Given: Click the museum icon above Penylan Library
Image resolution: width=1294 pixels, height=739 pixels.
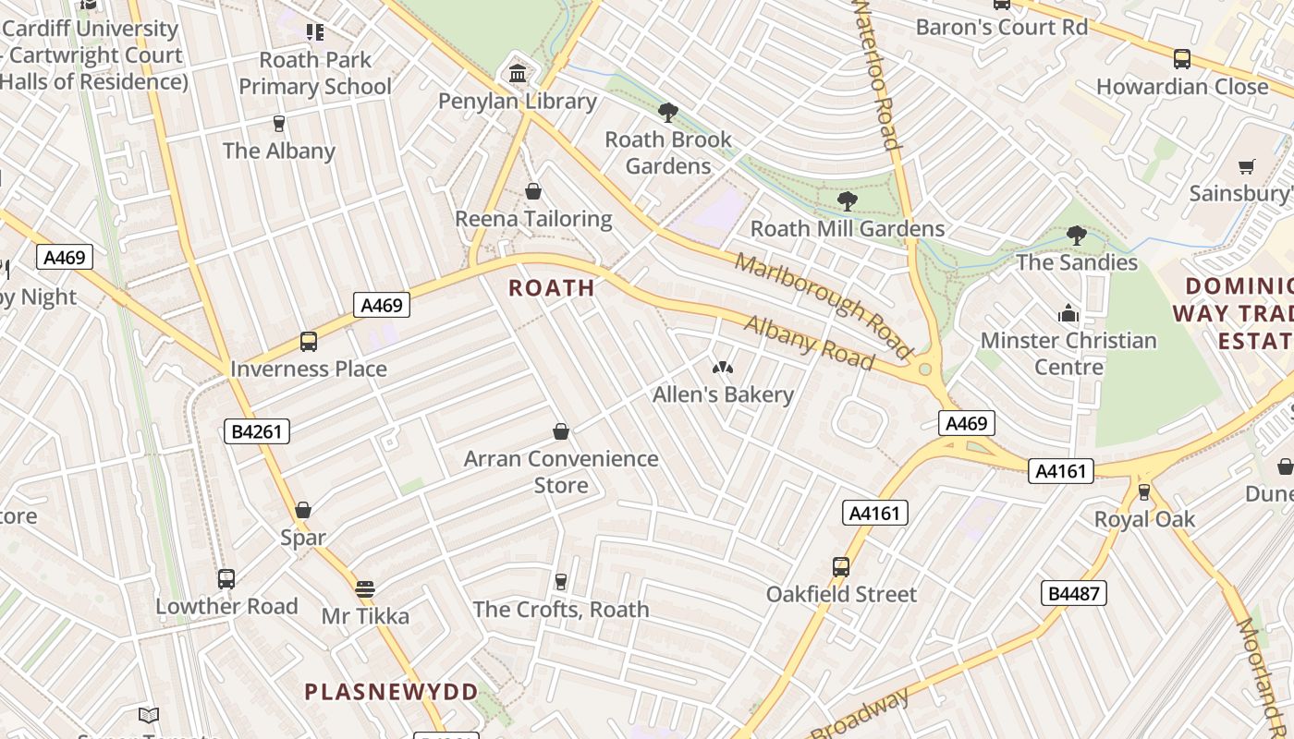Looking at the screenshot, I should [x=518, y=73].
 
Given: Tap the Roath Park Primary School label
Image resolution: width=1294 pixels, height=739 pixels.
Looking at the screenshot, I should [x=315, y=73].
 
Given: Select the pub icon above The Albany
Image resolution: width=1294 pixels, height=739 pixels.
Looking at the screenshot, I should [x=278, y=123].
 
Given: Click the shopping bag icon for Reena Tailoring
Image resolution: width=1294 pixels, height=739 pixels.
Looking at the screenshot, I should [x=533, y=191].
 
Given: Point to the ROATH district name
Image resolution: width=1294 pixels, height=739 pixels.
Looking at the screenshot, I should [x=552, y=287].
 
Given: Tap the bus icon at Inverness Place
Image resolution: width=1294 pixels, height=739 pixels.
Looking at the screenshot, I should [x=309, y=342].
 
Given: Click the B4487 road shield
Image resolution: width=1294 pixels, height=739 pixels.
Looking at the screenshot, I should [x=1073, y=593].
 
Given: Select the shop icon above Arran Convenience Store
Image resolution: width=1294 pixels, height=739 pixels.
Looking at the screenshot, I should [x=561, y=431].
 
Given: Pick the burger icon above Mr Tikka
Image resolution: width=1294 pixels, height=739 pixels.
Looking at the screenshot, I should [x=365, y=588].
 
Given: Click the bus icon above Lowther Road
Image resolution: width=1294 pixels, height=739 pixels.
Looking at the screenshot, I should [x=226, y=579].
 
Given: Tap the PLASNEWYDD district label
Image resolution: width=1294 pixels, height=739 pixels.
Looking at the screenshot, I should [x=392, y=692].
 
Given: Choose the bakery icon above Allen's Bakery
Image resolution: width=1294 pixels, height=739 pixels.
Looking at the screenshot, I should [x=723, y=368].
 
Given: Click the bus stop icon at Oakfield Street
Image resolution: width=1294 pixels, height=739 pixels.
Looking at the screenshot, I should [x=841, y=567].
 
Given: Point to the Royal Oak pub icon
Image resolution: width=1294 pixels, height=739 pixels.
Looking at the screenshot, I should [x=1144, y=491].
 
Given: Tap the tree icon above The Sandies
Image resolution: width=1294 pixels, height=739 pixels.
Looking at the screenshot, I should [x=1076, y=236].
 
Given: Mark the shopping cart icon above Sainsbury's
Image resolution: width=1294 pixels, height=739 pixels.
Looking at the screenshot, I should [x=1247, y=167].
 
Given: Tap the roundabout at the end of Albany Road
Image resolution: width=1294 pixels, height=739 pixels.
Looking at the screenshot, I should [x=924, y=370].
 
